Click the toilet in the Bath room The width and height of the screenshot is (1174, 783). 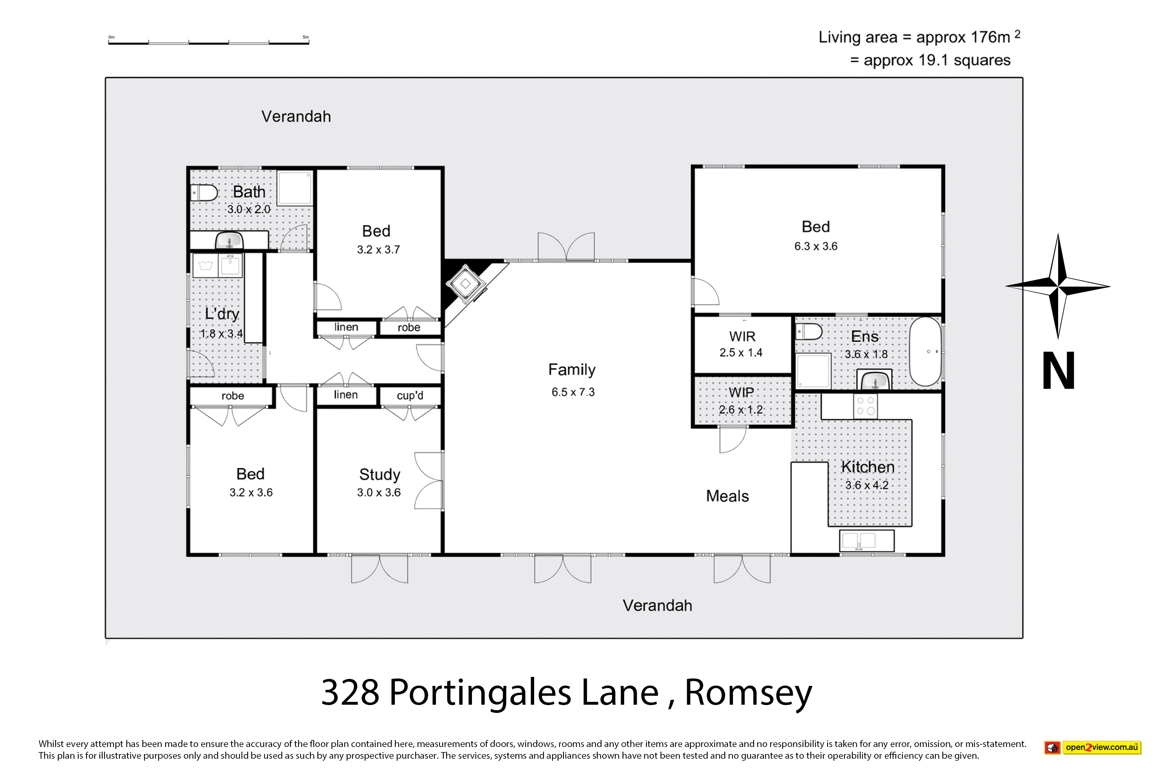[204, 193]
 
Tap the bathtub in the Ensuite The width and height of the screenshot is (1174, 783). [925, 352]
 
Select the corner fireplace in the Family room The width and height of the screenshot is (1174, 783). [466, 283]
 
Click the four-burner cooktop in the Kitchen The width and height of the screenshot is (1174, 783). [865, 406]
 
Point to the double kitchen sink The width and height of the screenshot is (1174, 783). [866, 541]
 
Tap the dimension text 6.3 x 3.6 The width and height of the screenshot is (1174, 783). [816, 246]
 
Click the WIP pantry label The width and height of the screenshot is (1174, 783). [741, 393]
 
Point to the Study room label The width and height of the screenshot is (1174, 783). [379, 474]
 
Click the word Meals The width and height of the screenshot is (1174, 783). [727, 496]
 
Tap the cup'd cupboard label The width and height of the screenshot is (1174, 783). [410, 395]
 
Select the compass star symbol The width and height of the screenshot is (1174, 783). [1058, 286]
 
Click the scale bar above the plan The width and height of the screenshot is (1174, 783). [209, 42]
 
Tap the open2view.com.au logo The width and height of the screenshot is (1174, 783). [1093, 747]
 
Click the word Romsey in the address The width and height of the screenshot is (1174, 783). [748, 693]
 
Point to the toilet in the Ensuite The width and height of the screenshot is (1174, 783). [808, 331]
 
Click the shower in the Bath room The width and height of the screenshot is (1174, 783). [295, 188]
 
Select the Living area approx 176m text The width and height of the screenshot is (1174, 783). [919, 37]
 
